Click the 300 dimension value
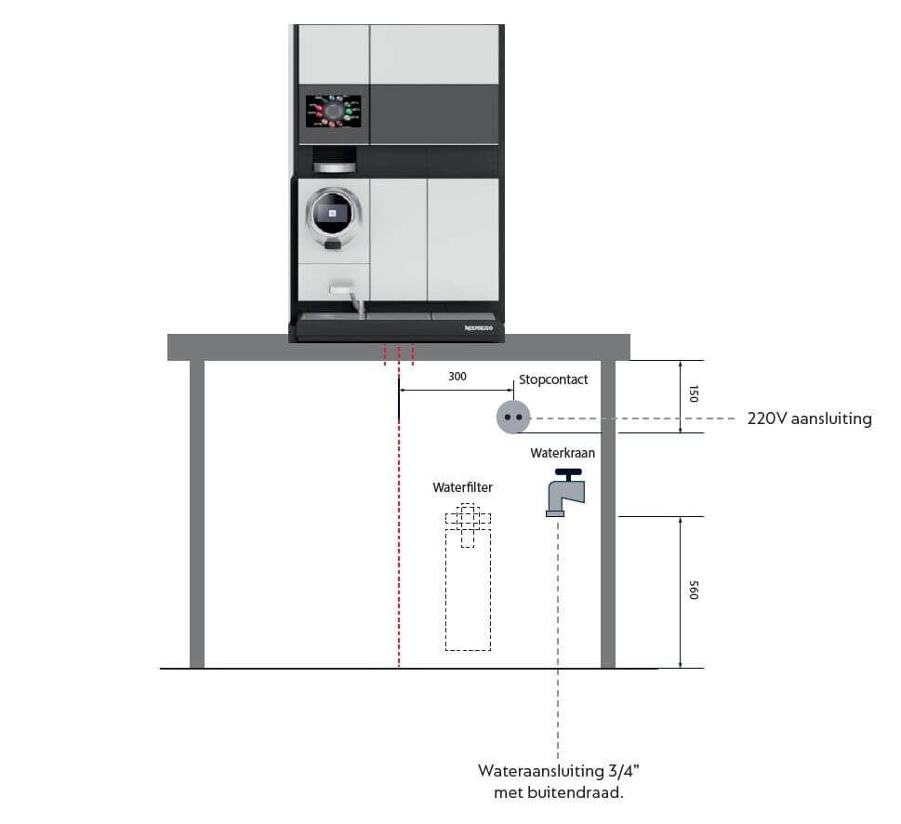[x=457, y=377]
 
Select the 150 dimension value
[x=694, y=393]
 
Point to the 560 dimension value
[x=694, y=591]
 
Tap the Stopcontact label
[x=553, y=379]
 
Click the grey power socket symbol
[x=513, y=418]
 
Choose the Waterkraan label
[x=563, y=453]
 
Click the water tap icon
[x=565, y=492]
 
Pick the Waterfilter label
[x=462, y=487]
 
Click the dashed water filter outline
[x=469, y=577]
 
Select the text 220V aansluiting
[x=810, y=419]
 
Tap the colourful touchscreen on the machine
[x=333, y=112]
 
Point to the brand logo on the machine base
[x=479, y=328]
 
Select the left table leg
[x=197, y=514]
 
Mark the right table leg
[x=608, y=514]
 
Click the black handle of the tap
[x=569, y=474]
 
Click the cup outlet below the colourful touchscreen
[x=335, y=160]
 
